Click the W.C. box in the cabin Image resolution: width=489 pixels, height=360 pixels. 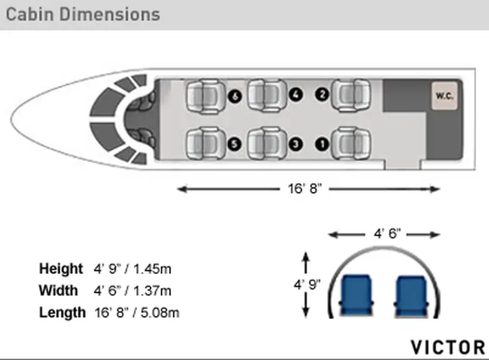click(x=444, y=96)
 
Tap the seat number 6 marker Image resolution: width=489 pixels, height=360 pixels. click(x=234, y=96)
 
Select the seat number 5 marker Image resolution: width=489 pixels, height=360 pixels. click(x=234, y=144)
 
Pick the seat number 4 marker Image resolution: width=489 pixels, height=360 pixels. click(x=296, y=94)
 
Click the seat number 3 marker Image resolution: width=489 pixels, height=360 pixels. click(x=296, y=144)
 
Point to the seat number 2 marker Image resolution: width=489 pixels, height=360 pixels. click(x=322, y=94)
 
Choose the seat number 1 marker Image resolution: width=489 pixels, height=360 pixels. click(x=322, y=144)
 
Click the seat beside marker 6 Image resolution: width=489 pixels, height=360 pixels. click(x=206, y=96)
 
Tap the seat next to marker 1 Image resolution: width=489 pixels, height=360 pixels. click(x=351, y=143)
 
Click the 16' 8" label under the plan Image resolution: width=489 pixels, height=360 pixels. click(x=305, y=189)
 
